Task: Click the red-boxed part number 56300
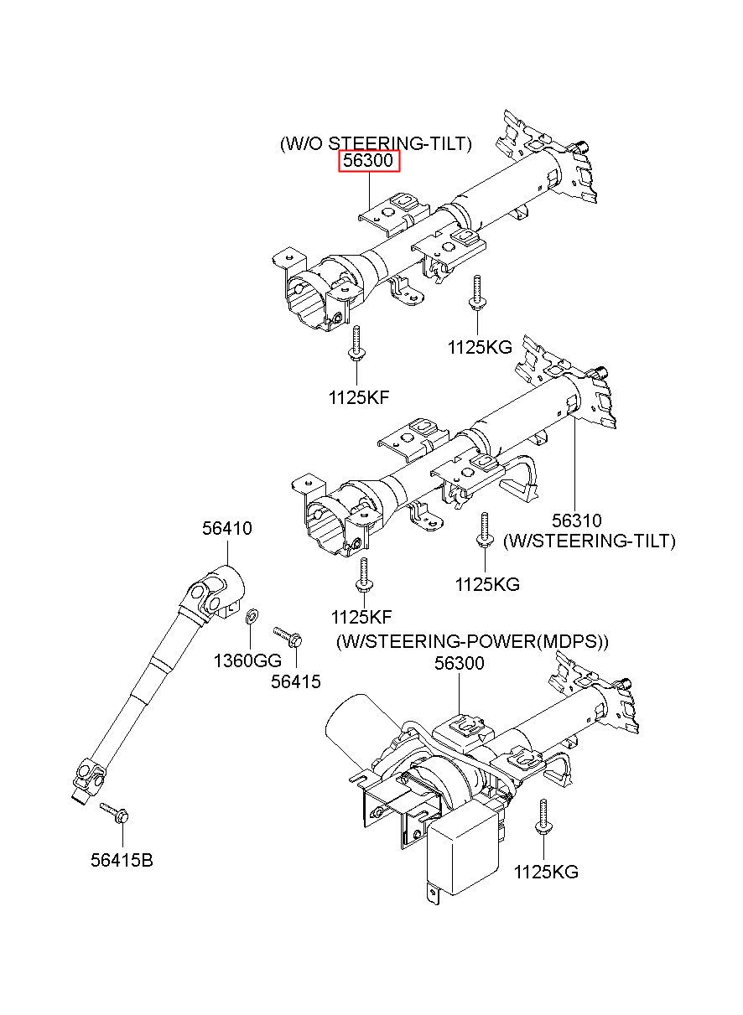(368, 160)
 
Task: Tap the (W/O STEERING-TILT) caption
(376, 143)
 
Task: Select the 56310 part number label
(576, 520)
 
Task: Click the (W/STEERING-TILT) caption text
(590, 541)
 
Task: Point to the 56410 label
(226, 528)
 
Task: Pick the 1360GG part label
(247, 661)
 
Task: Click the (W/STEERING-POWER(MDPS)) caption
(472, 641)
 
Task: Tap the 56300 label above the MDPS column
(460, 663)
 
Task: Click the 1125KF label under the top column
(359, 398)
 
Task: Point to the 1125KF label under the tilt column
(361, 617)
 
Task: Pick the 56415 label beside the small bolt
(295, 681)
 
